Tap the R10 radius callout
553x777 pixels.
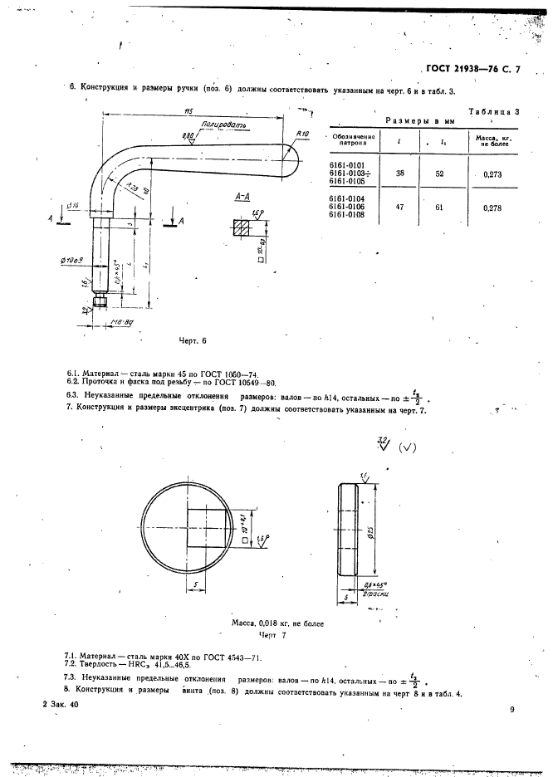click(x=301, y=133)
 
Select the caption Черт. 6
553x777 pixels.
click(x=192, y=340)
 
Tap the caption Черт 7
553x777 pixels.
click(x=272, y=635)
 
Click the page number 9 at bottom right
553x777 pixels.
click(x=512, y=709)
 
